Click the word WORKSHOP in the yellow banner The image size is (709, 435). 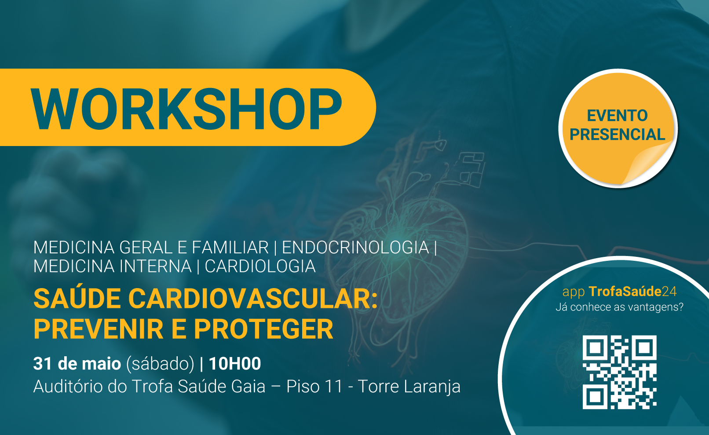click(186, 109)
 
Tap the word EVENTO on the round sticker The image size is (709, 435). click(617, 116)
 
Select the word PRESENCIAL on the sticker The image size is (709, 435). click(617, 135)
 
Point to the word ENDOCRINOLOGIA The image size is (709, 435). click(355, 247)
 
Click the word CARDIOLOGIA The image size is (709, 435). click(260, 266)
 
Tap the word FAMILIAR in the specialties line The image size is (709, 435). click(230, 247)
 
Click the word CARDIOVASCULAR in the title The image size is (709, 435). click(253, 299)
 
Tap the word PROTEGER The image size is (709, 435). click(263, 329)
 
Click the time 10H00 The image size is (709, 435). click(235, 363)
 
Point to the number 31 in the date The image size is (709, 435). click(42, 363)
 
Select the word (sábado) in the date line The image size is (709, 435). click(160, 364)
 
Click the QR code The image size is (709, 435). click(619, 372)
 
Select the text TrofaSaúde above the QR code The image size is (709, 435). click(625, 292)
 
